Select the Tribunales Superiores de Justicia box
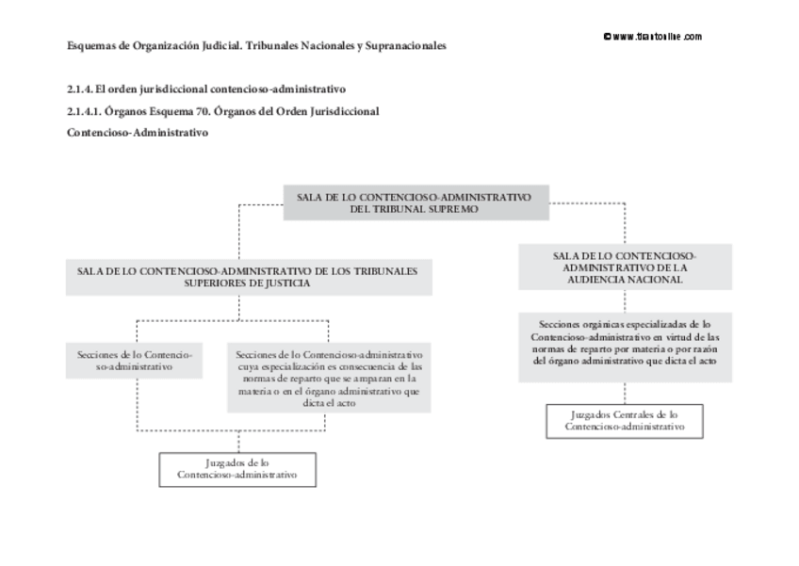(249, 276)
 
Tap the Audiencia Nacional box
(624, 267)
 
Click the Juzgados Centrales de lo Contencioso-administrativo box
(624, 420)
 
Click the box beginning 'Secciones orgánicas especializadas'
(624, 348)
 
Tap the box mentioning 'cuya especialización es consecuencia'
(330, 377)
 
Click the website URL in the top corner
(653, 37)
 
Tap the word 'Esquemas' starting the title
(91, 45)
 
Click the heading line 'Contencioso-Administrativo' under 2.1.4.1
(138, 133)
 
